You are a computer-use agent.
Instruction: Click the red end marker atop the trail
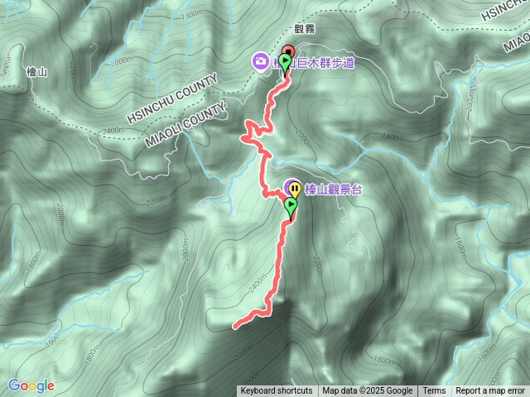(x=288, y=50)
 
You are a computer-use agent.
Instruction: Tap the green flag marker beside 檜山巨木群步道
(x=286, y=62)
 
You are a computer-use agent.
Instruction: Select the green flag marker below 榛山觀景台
(x=291, y=205)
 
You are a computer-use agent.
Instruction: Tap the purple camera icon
(x=260, y=61)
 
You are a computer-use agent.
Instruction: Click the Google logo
(x=31, y=385)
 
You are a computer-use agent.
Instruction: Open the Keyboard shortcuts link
(x=277, y=391)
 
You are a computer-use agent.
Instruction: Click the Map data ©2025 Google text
(x=367, y=391)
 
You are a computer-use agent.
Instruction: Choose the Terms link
(x=434, y=391)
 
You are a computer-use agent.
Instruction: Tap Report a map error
(x=491, y=391)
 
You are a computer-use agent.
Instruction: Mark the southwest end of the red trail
(x=235, y=327)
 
